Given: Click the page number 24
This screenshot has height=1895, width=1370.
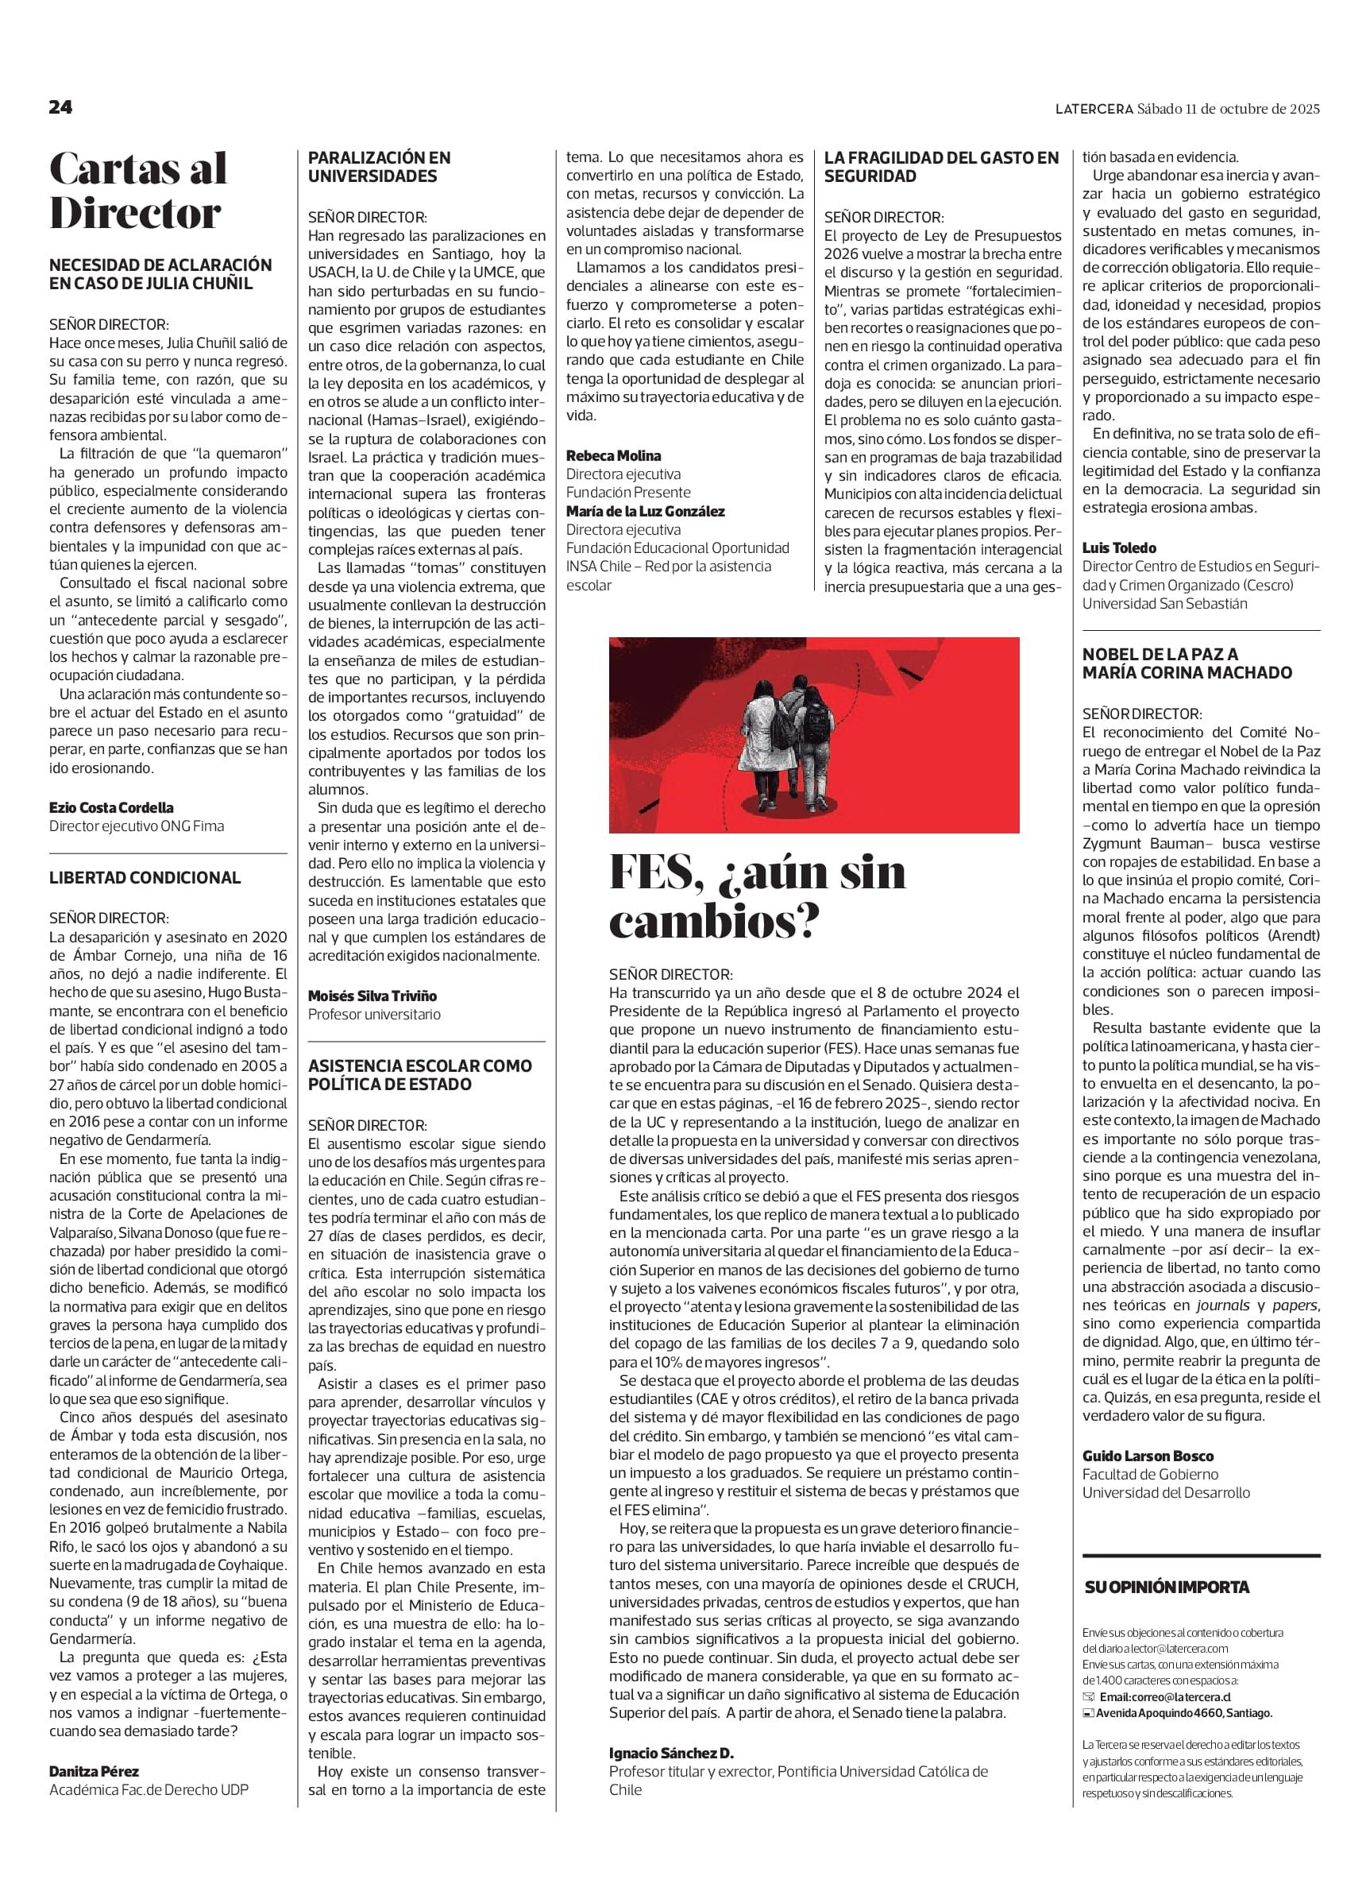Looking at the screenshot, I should [61, 108].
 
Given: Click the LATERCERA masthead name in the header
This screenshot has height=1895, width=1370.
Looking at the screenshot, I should [1092, 109].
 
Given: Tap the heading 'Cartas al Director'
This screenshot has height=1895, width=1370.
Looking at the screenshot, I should [138, 191].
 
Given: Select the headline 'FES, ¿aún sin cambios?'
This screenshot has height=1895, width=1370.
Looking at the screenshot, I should [757, 896].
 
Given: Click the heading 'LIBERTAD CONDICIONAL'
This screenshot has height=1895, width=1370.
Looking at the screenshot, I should [145, 877].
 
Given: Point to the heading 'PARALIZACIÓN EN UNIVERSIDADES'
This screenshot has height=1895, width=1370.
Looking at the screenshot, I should [380, 166].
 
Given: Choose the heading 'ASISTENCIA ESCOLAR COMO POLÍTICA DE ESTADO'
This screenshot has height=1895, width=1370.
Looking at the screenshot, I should [420, 1074].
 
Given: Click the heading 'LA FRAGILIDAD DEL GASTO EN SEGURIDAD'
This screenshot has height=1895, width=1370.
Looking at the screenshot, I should [941, 166].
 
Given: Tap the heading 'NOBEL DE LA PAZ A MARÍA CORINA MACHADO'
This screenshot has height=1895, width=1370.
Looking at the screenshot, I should [1187, 663].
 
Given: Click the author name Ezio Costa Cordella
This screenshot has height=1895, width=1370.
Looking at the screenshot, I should [111, 808].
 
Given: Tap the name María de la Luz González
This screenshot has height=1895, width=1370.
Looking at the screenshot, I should [645, 512].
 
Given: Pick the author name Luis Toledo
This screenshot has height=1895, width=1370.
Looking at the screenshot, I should [1119, 548].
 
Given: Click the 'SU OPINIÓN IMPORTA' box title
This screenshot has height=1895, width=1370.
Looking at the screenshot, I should [1167, 1588].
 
